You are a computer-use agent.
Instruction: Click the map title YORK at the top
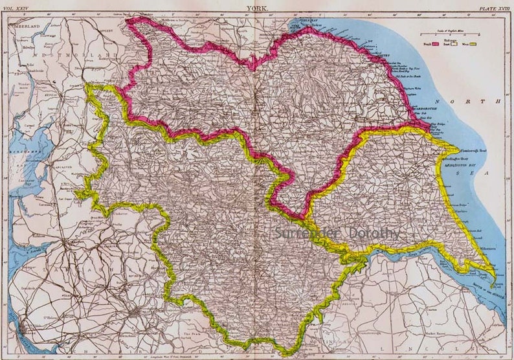(257, 8)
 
